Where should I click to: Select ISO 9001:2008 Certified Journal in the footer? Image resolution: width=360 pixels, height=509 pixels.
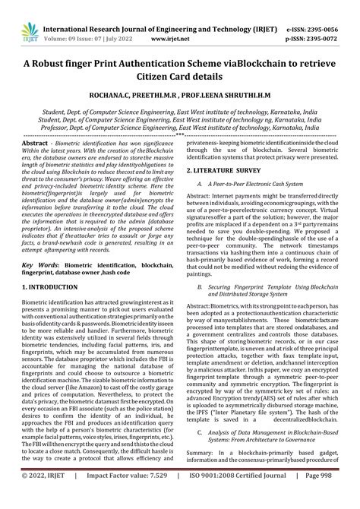pos(242,496)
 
